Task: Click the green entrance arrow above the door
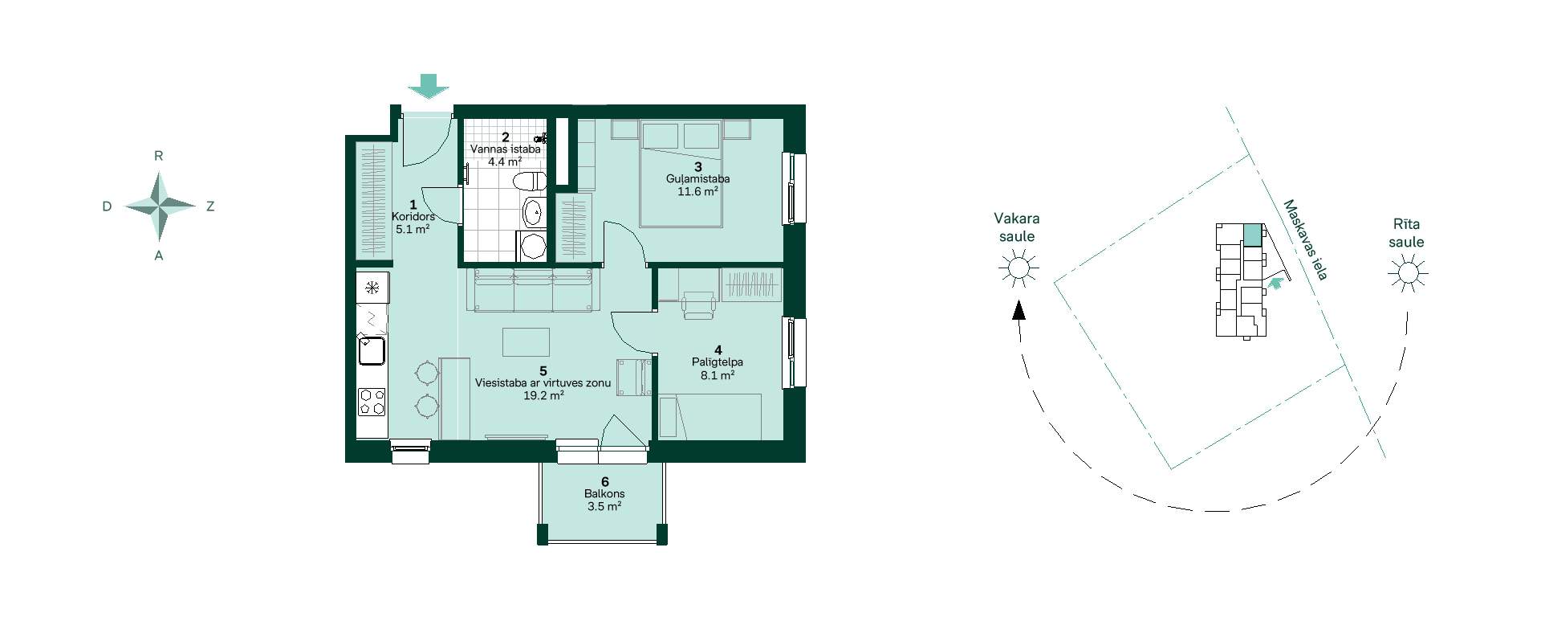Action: [429, 86]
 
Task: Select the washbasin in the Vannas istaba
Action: [533, 213]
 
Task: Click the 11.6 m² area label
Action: [697, 191]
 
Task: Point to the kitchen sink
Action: [372, 350]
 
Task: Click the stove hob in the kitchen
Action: [372, 402]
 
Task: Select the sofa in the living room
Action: [532, 290]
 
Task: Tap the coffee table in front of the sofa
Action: [527, 341]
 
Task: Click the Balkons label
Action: [604, 494]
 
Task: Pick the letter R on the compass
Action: [159, 156]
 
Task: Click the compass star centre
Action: [160, 206]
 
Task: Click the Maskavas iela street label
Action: [1305, 239]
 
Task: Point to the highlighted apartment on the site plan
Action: [1252, 235]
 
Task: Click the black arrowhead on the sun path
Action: [1019, 310]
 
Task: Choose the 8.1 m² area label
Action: [718, 375]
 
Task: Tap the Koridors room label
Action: [413, 217]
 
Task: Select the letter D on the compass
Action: [107, 206]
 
